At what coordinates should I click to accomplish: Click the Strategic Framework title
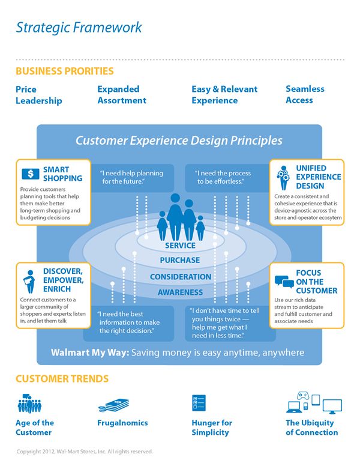pos(79,28)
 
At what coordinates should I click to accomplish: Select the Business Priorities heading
pos(65,71)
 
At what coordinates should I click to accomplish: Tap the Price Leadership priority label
pos(39,95)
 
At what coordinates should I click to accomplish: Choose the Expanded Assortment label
pos(122,95)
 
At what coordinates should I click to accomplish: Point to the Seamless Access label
pos(305,94)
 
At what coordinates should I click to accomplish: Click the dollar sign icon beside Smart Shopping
pos(30,174)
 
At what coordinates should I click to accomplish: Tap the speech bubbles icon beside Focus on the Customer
pos(284,282)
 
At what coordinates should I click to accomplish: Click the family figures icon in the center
pos(181,217)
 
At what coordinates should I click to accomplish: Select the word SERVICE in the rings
pos(180,246)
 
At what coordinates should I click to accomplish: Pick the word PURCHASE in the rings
pos(180,261)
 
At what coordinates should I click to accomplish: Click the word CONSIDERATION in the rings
pos(181,277)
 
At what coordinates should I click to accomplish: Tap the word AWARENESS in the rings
pos(180,292)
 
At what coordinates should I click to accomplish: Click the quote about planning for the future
pos(132,177)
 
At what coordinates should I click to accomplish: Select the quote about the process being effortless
pos(223,177)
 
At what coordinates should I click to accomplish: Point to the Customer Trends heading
pos(62,379)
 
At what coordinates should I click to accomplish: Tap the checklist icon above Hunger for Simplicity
pos(199,403)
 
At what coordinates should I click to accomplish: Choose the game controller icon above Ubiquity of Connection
pos(303,396)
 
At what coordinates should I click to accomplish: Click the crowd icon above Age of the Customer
pos(29,404)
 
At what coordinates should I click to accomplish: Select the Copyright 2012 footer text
pos(85,452)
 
